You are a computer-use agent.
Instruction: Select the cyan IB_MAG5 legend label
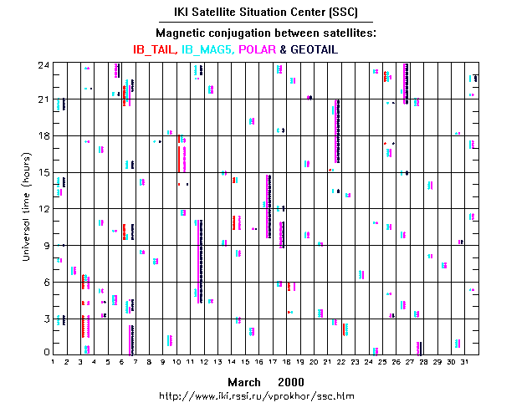[207, 49]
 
